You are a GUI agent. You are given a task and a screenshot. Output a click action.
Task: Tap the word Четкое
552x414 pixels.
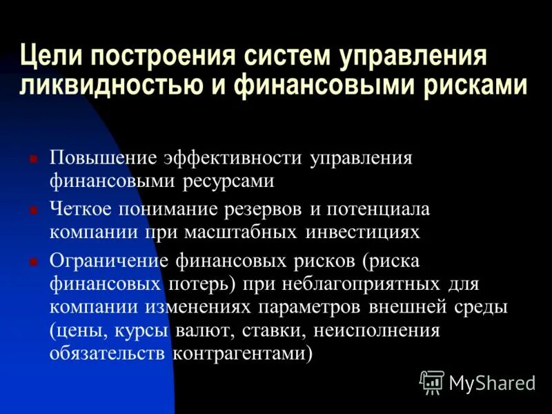pos(81,208)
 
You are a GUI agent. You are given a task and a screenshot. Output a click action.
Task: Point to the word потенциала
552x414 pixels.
pos(371,208)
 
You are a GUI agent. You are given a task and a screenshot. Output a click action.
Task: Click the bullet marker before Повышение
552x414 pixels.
pos(32,158)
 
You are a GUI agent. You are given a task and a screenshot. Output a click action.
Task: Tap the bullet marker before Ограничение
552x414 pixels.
pos(32,261)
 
